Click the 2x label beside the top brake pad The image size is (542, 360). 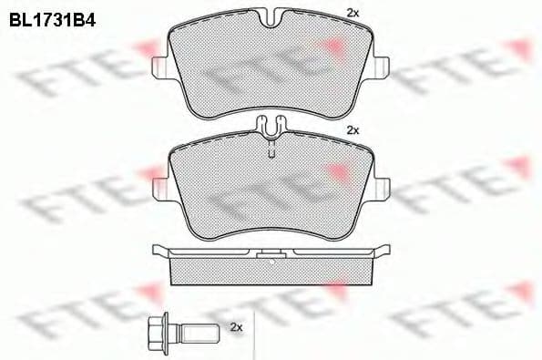(x=353, y=12)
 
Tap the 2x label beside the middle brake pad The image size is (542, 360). (x=353, y=131)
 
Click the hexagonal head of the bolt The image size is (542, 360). (x=152, y=327)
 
